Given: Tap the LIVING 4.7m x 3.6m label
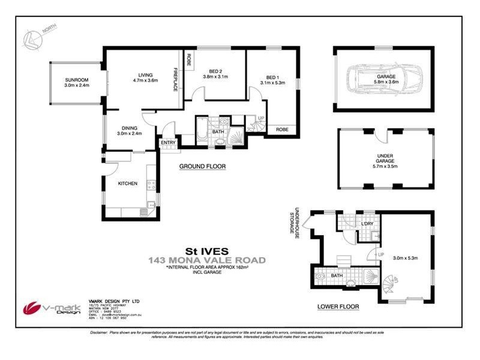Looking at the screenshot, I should pyautogui.click(x=144, y=76).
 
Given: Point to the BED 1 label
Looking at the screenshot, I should pyautogui.click(x=273, y=79).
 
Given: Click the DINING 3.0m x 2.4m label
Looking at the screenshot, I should pyautogui.click(x=130, y=130).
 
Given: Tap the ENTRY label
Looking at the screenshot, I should pyautogui.click(x=168, y=142).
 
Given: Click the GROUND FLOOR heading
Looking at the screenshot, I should pyautogui.click(x=202, y=166).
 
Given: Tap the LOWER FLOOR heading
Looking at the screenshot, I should pyautogui.click(x=338, y=307).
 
